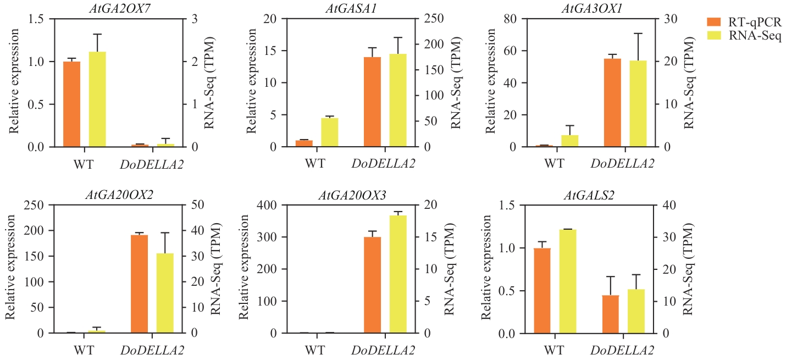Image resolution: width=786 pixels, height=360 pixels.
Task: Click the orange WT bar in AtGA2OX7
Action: pyautogui.click(x=72, y=104)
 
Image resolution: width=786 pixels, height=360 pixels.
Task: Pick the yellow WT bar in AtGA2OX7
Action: pyautogui.click(x=97, y=99)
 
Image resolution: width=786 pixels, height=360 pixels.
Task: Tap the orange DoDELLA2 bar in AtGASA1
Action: pyautogui.click(x=373, y=102)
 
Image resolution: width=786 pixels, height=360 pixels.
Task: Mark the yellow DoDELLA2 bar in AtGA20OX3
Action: pyautogui.click(x=398, y=274)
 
